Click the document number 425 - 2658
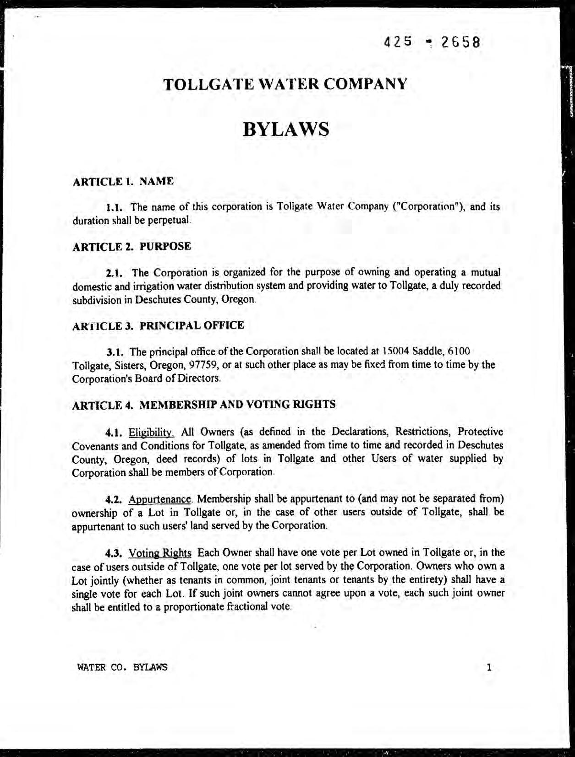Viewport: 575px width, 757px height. pos(432,43)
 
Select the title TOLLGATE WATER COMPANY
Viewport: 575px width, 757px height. pos(285,84)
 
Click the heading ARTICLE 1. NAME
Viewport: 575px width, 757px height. pos(123,181)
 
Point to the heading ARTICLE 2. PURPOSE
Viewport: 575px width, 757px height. pos(132,246)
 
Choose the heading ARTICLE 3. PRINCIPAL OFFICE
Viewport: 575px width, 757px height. pos(158,325)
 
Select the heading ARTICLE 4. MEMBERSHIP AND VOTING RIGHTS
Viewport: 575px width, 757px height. pos(204,405)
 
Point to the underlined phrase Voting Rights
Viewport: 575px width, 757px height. pos(160,552)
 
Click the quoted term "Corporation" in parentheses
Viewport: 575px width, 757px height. pos(430,207)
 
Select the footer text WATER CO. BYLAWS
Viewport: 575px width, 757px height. pos(122,667)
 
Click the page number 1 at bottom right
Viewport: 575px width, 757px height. pos(489,667)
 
